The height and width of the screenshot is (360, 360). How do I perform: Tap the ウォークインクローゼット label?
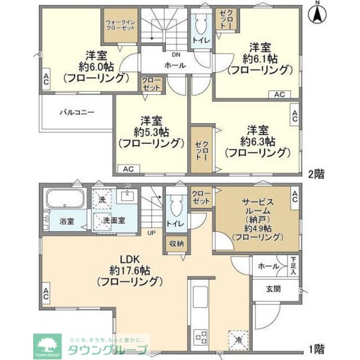(120, 25)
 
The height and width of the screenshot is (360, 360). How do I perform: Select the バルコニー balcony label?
(78, 112)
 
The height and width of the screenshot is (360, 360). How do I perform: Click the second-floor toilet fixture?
(201, 24)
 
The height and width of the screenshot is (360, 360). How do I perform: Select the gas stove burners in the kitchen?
(201, 338)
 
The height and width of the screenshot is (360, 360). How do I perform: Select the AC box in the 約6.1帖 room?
(280, 95)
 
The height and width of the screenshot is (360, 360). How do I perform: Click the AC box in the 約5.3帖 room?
(128, 168)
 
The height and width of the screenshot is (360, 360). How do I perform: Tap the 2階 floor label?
(316, 173)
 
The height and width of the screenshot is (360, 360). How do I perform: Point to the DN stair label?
(176, 55)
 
